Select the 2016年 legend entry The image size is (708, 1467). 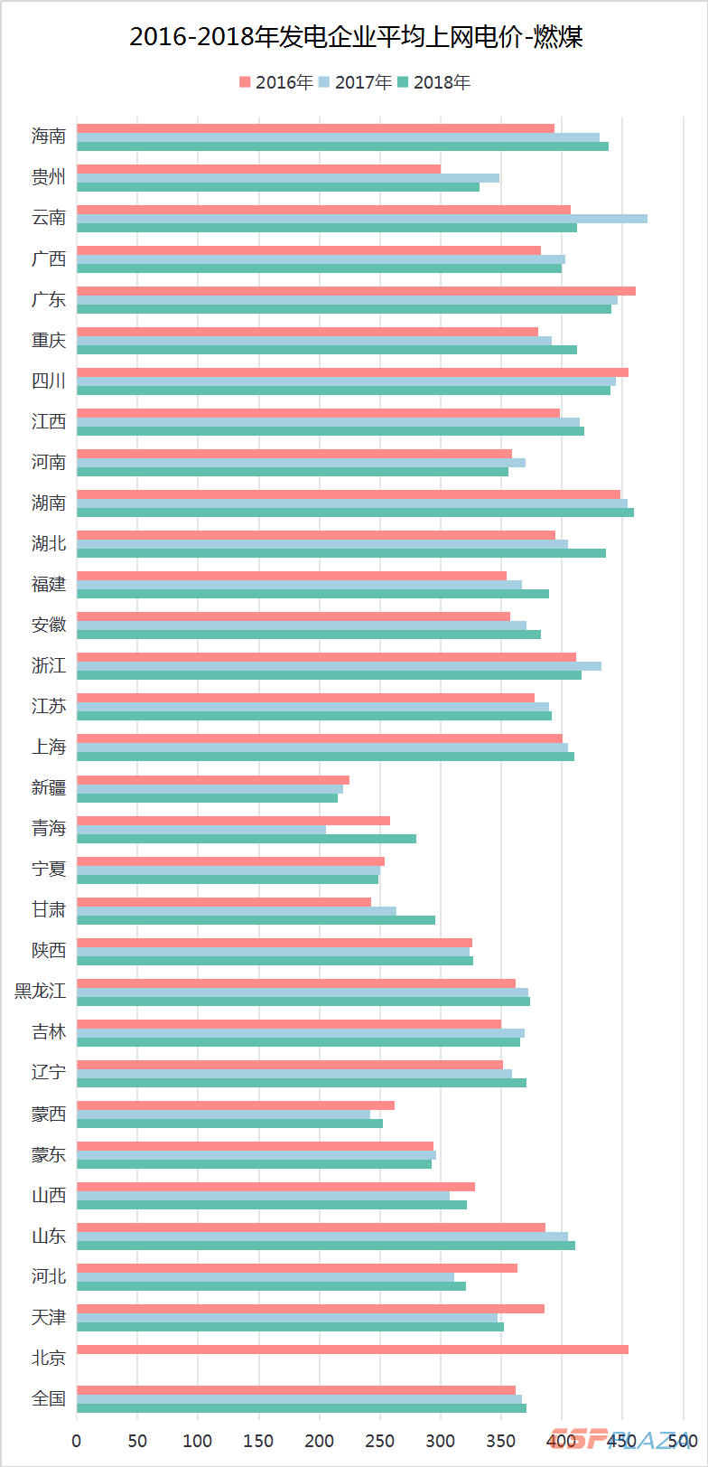[276, 82]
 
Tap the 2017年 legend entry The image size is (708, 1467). [356, 82]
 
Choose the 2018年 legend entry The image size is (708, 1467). [434, 82]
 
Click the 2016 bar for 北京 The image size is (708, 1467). [352, 1349]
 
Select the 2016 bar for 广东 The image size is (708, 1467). [356, 291]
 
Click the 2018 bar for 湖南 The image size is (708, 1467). [355, 513]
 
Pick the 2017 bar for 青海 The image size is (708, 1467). [200, 830]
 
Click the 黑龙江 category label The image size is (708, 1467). [41, 991]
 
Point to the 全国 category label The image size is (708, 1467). [49, 1398]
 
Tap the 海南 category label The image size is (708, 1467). [49, 136]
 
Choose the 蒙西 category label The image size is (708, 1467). [49, 1114]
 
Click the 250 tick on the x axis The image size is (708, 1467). [380, 1440]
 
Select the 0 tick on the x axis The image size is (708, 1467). [77, 1440]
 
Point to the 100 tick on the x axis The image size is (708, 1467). [198, 1440]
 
